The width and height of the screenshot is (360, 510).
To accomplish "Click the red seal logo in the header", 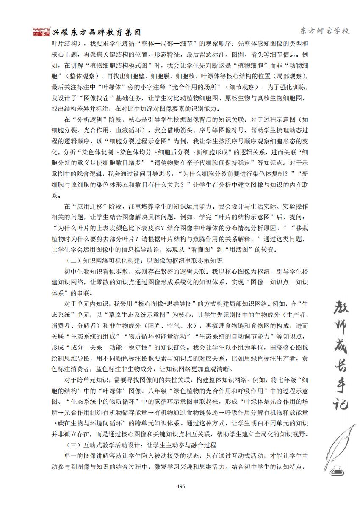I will point(41,31).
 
